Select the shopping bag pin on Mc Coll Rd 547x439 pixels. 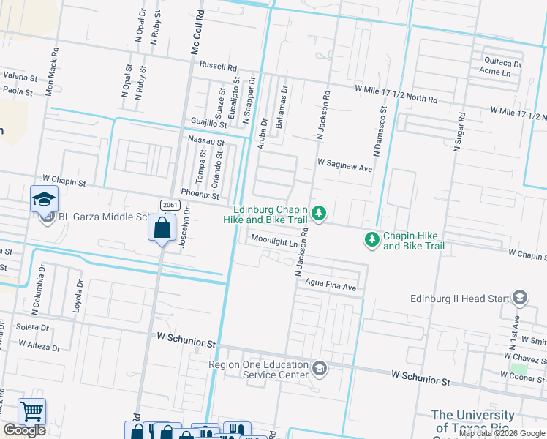(162, 228)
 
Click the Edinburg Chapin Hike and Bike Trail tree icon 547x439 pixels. (318, 214)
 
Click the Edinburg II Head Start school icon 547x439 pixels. (520, 298)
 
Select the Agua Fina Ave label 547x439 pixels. (331, 288)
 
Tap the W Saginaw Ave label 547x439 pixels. (344, 168)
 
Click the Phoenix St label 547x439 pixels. (200, 195)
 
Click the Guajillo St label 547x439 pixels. (209, 121)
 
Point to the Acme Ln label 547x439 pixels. (495, 72)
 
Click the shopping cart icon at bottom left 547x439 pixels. (31, 412)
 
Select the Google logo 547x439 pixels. (24, 430)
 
